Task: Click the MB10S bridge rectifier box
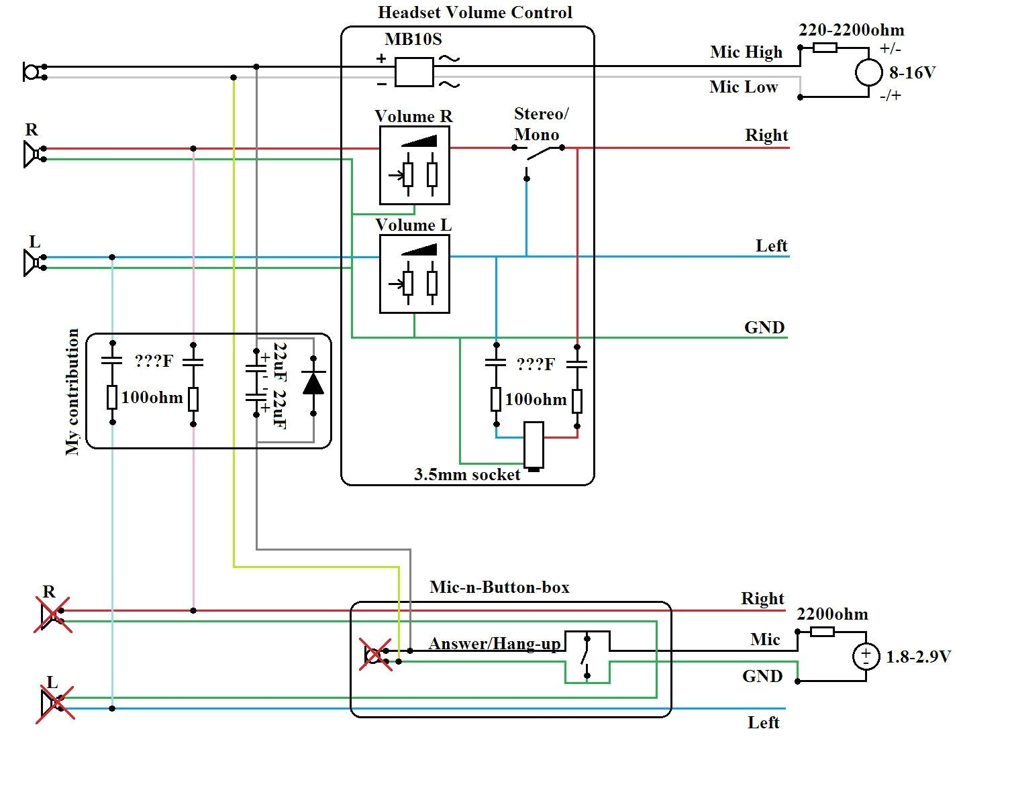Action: (414, 72)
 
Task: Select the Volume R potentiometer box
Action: (414, 165)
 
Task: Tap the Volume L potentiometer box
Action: (414, 274)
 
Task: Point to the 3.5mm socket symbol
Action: (534, 445)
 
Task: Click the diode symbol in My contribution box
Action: (313, 383)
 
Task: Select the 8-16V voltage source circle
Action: (868, 72)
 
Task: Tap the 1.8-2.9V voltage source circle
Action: (866, 656)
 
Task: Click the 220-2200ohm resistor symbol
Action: (825, 48)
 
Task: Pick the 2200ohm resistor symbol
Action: (822, 631)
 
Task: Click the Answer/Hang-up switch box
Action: (587, 657)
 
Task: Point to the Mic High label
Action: (746, 52)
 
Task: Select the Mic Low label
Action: (744, 87)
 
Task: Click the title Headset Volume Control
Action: (475, 13)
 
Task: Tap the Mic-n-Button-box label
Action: (499, 587)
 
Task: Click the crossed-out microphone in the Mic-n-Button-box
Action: (374, 654)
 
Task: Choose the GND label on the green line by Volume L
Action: (764, 328)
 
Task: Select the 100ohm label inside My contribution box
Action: (152, 398)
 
